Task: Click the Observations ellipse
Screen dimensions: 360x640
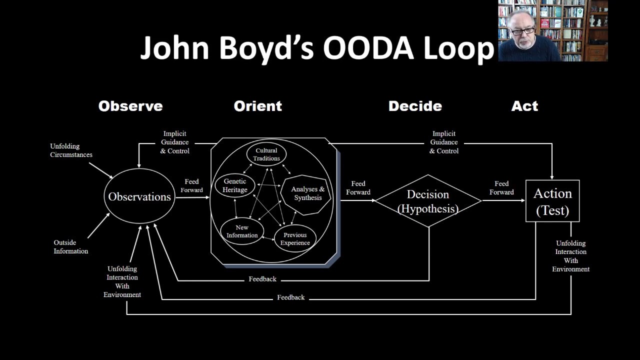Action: [x=139, y=196]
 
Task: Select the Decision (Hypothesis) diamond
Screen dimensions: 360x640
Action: [x=428, y=201]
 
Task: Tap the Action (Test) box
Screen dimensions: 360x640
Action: [x=552, y=201]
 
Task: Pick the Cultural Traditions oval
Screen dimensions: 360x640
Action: [x=266, y=154]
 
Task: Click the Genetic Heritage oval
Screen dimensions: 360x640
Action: [x=235, y=185]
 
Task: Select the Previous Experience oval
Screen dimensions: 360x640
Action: [x=295, y=239]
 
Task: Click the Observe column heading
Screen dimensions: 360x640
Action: [x=130, y=106]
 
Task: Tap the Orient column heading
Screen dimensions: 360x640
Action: [x=258, y=106]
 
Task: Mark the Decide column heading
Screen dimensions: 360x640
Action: [x=415, y=106]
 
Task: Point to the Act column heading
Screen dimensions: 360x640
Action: [x=524, y=106]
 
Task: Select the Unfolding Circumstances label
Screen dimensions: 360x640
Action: [x=71, y=150]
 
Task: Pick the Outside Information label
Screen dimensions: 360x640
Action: [x=70, y=247]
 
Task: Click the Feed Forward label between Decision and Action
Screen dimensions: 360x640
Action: [x=501, y=188]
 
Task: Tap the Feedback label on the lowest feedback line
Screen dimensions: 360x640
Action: [x=290, y=297]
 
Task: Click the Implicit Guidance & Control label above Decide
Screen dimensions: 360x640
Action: [x=444, y=142]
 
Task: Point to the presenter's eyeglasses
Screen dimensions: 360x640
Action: [x=522, y=31]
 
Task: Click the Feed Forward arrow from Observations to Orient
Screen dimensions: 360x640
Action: [x=192, y=197]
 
